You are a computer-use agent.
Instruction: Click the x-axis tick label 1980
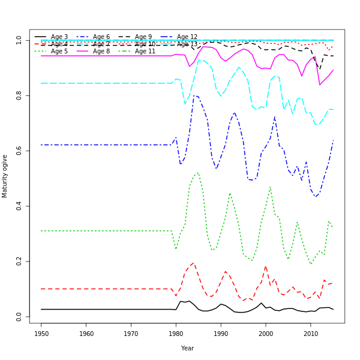click(176, 333)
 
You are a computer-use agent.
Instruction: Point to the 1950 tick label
click(41, 333)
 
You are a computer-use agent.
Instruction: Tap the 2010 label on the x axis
click(310, 333)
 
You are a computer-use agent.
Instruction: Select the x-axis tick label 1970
click(131, 333)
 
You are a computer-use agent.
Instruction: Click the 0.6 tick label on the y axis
click(19, 151)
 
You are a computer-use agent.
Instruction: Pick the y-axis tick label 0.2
click(19, 261)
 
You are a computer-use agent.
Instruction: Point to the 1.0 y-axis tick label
click(19, 40)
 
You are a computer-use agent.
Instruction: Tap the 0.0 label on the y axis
click(19, 316)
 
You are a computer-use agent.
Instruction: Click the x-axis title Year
click(187, 348)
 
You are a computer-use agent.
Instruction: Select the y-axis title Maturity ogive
click(5, 176)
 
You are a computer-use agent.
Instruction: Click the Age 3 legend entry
click(59, 37)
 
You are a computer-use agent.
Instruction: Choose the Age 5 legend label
click(59, 52)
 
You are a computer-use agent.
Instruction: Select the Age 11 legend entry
click(145, 52)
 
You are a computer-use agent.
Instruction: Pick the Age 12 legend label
click(187, 37)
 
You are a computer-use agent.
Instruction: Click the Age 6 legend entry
click(101, 37)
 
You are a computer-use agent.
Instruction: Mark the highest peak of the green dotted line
click(197, 173)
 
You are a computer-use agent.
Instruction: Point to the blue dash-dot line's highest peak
click(194, 95)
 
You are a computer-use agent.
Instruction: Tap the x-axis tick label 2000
click(266, 333)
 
